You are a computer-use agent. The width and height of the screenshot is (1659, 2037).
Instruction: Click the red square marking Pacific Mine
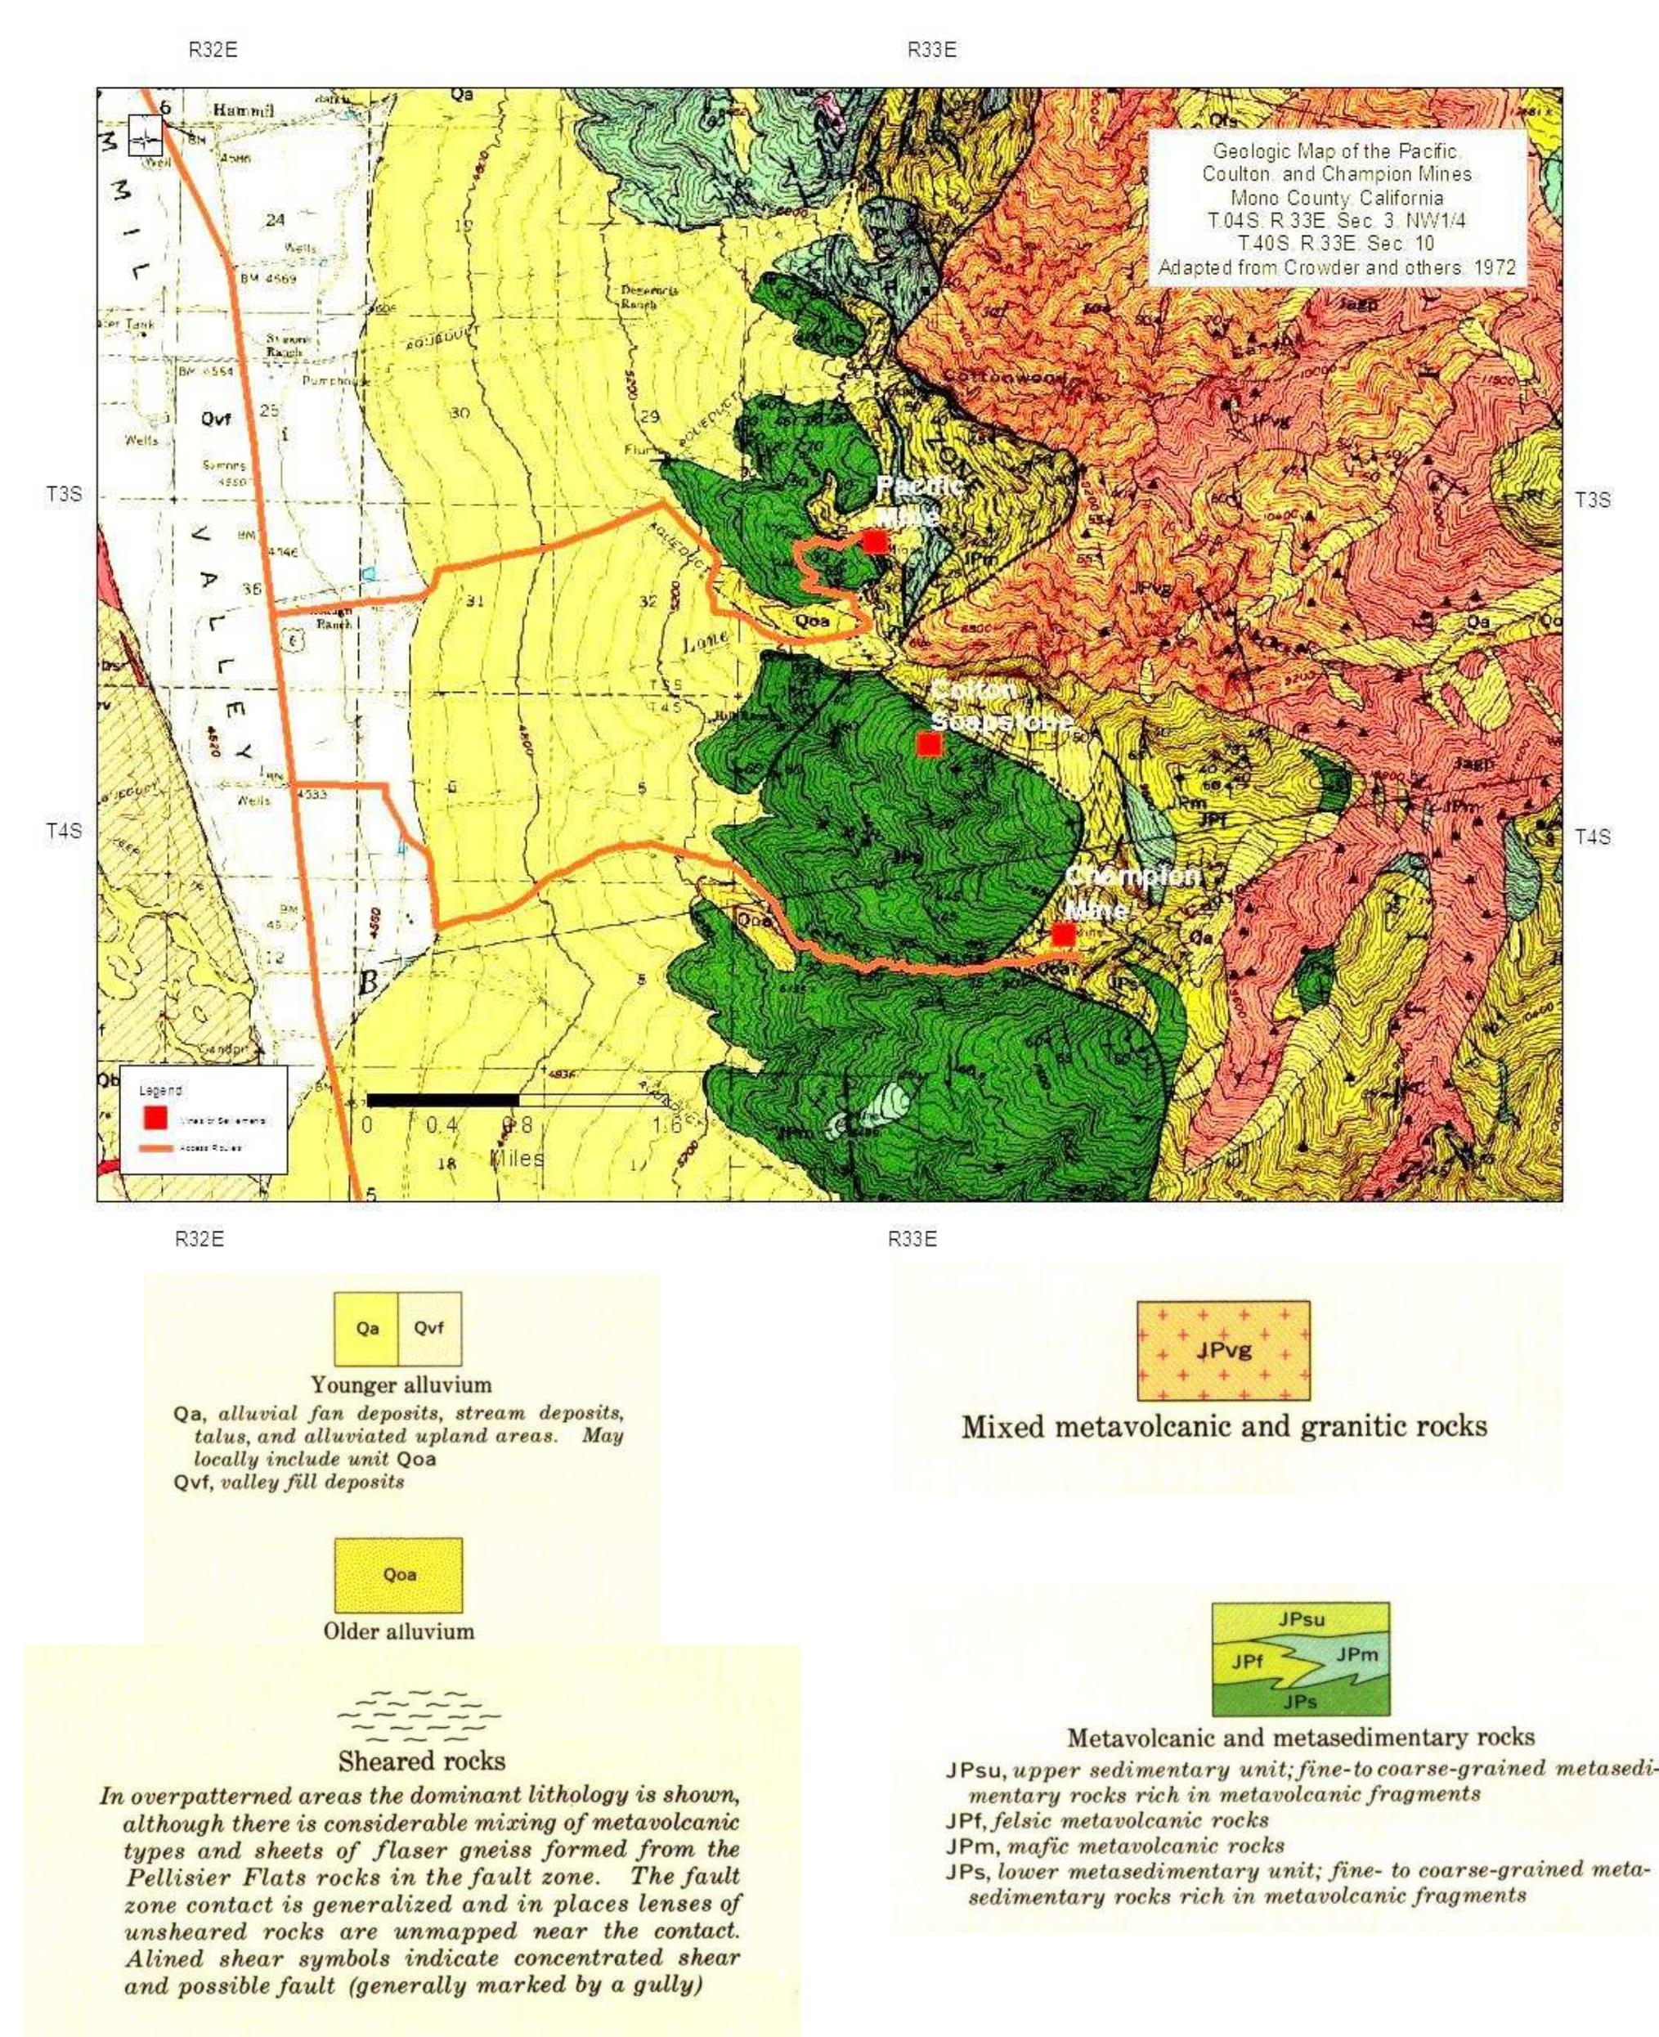click(874, 541)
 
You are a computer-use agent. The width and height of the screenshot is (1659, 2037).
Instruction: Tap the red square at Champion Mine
click(1063, 934)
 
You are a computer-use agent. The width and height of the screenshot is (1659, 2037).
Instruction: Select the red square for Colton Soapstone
click(928, 743)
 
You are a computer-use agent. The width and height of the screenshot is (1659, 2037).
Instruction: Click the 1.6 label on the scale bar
click(667, 1125)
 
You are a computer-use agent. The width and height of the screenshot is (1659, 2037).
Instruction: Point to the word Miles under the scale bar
click(517, 1159)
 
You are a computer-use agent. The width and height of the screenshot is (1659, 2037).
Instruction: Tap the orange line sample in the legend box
click(157, 1147)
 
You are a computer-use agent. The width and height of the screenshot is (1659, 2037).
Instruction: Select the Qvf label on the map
click(216, 418)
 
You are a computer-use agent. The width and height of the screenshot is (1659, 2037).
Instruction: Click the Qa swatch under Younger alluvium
click(367, 1329)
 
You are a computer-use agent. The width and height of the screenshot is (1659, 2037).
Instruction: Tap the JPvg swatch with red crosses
click(1223, 1351)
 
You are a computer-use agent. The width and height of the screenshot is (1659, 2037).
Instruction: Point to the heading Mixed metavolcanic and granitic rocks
click(1224, 1427)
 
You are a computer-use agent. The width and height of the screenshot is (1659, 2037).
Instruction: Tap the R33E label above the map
click(932, 51)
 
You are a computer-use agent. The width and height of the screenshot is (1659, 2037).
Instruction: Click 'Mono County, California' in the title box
click(1337, 198)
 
